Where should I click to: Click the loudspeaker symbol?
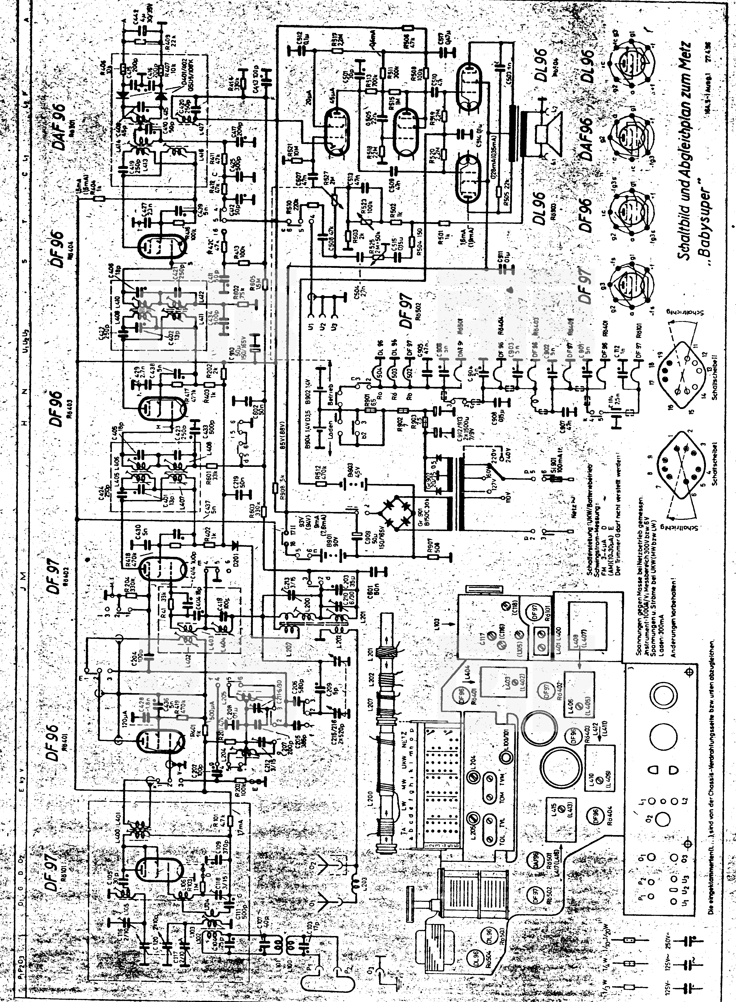click(x=549, y=129)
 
